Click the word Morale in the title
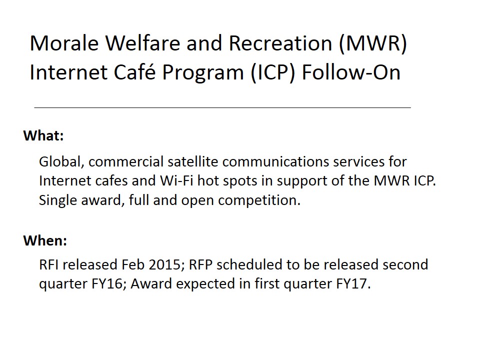point(64,43)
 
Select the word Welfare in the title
point(143,43)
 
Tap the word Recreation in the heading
point(280,43)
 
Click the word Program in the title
point(203,73)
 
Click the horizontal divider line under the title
point(222,108)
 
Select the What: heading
point(43,135)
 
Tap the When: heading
point(45,240)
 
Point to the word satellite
point(193,161)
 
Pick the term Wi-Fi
point(177,180)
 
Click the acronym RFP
point(200,265)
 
